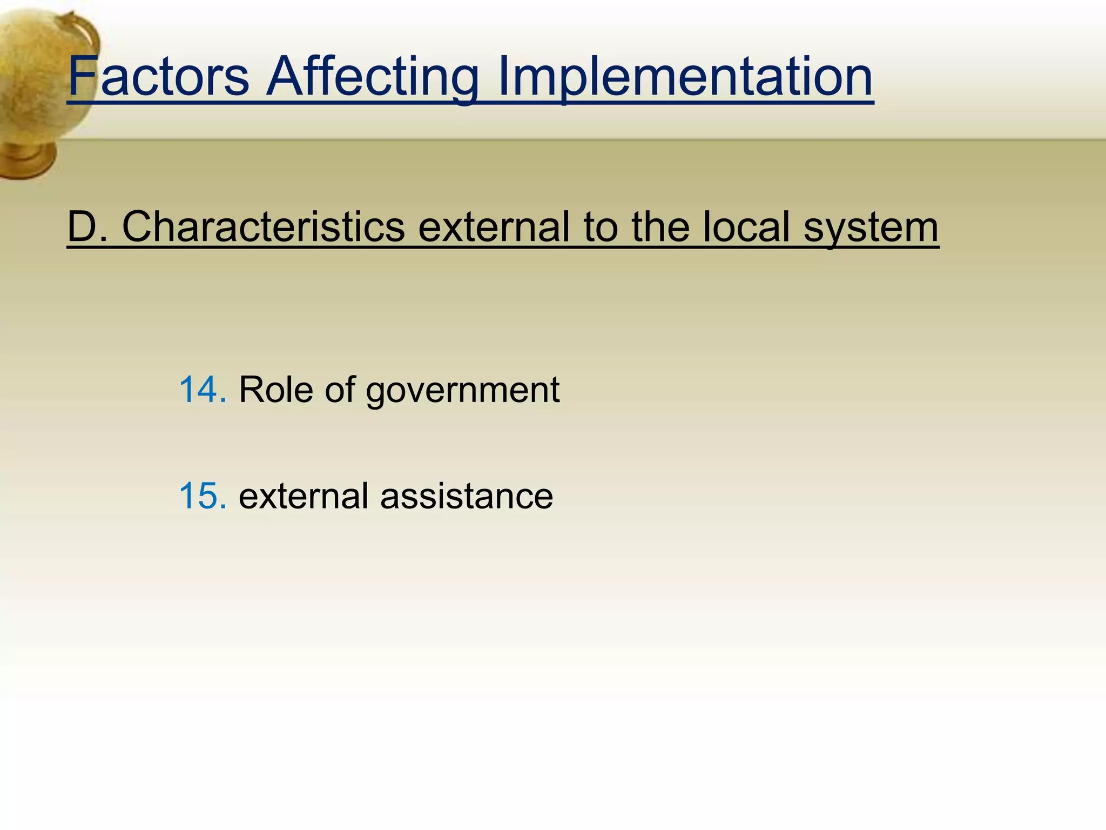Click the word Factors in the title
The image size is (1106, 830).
pos(158,77)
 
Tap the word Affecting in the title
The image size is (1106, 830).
pos(373,77)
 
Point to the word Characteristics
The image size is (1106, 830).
pos(264,227)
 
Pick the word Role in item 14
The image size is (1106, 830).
pos(275,390)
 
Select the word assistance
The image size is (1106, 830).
pos(467,496)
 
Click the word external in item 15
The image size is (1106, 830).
pos(304,496)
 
